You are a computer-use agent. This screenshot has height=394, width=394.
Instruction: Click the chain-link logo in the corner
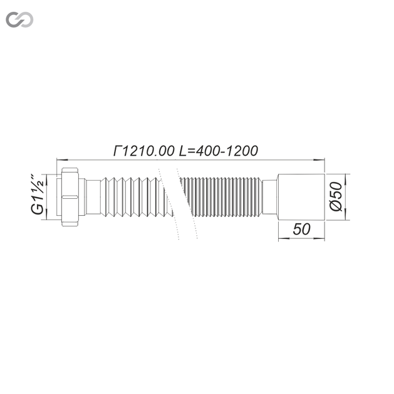19,19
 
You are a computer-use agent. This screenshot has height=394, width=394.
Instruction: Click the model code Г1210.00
143,151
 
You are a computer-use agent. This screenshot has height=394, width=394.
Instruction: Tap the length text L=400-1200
219,151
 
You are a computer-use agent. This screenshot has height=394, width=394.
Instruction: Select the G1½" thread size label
38,194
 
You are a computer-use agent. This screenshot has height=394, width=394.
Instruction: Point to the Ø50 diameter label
336,196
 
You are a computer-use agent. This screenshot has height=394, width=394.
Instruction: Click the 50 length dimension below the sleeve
301,229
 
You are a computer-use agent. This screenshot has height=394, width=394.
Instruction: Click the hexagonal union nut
70,197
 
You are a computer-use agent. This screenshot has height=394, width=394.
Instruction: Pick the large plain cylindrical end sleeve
301,197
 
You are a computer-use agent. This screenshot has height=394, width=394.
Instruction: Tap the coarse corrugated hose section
136,197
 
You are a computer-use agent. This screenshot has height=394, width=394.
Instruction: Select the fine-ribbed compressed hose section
221,197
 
